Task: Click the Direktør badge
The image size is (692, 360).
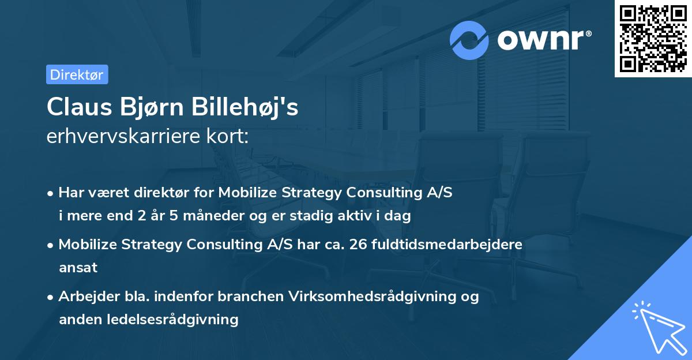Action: (77, 74)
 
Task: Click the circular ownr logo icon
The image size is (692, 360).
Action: (469, 40)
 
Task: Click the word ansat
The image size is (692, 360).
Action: (78, 268)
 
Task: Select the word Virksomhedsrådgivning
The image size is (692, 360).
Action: (378, 296)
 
